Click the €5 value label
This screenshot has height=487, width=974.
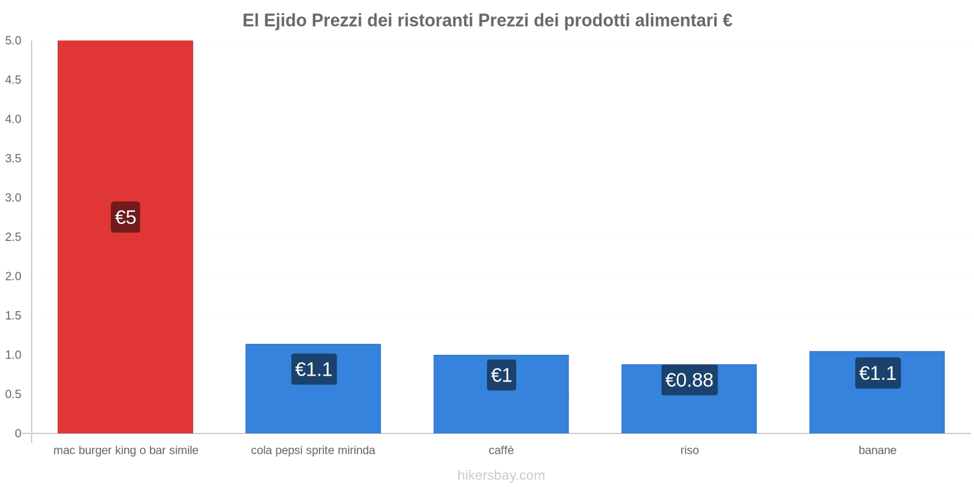click(125, 217)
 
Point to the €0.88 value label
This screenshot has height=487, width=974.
click(689, 380)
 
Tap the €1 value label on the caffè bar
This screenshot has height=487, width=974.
click(502, 375)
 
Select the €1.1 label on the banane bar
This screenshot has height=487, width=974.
click(877, 373)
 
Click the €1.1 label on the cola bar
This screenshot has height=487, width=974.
click(314, 369)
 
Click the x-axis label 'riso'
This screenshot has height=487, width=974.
click(689, 450)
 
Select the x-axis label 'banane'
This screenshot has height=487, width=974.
click(877, 450)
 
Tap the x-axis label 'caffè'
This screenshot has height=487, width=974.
click(501, 450)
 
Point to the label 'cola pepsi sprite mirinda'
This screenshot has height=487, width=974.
click(313, 450)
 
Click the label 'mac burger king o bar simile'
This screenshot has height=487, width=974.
click(125, 450)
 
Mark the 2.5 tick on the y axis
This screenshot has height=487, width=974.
click(13, 237)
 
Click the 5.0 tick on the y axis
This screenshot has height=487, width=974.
click(13, 41)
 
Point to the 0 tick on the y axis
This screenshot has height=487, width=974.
click(18, 433)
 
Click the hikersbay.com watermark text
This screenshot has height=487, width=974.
click(501, 475)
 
